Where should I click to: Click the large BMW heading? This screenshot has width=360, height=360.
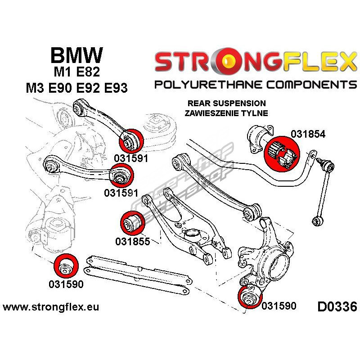pyautogui.click(x=76, y=55)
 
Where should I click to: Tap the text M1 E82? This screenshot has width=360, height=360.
pyautogui.click(x=76, y=72)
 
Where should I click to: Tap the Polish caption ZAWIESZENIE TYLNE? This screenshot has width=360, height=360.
pyautogui.click(x=226, y=112)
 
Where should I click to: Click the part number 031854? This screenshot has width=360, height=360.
pyautogui.click(x=307, y=134)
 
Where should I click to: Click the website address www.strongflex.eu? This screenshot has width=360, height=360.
pyautogui.click(x=50, y=307)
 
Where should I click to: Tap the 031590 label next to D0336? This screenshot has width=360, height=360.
pyautogui.click(x=279, y=306)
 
